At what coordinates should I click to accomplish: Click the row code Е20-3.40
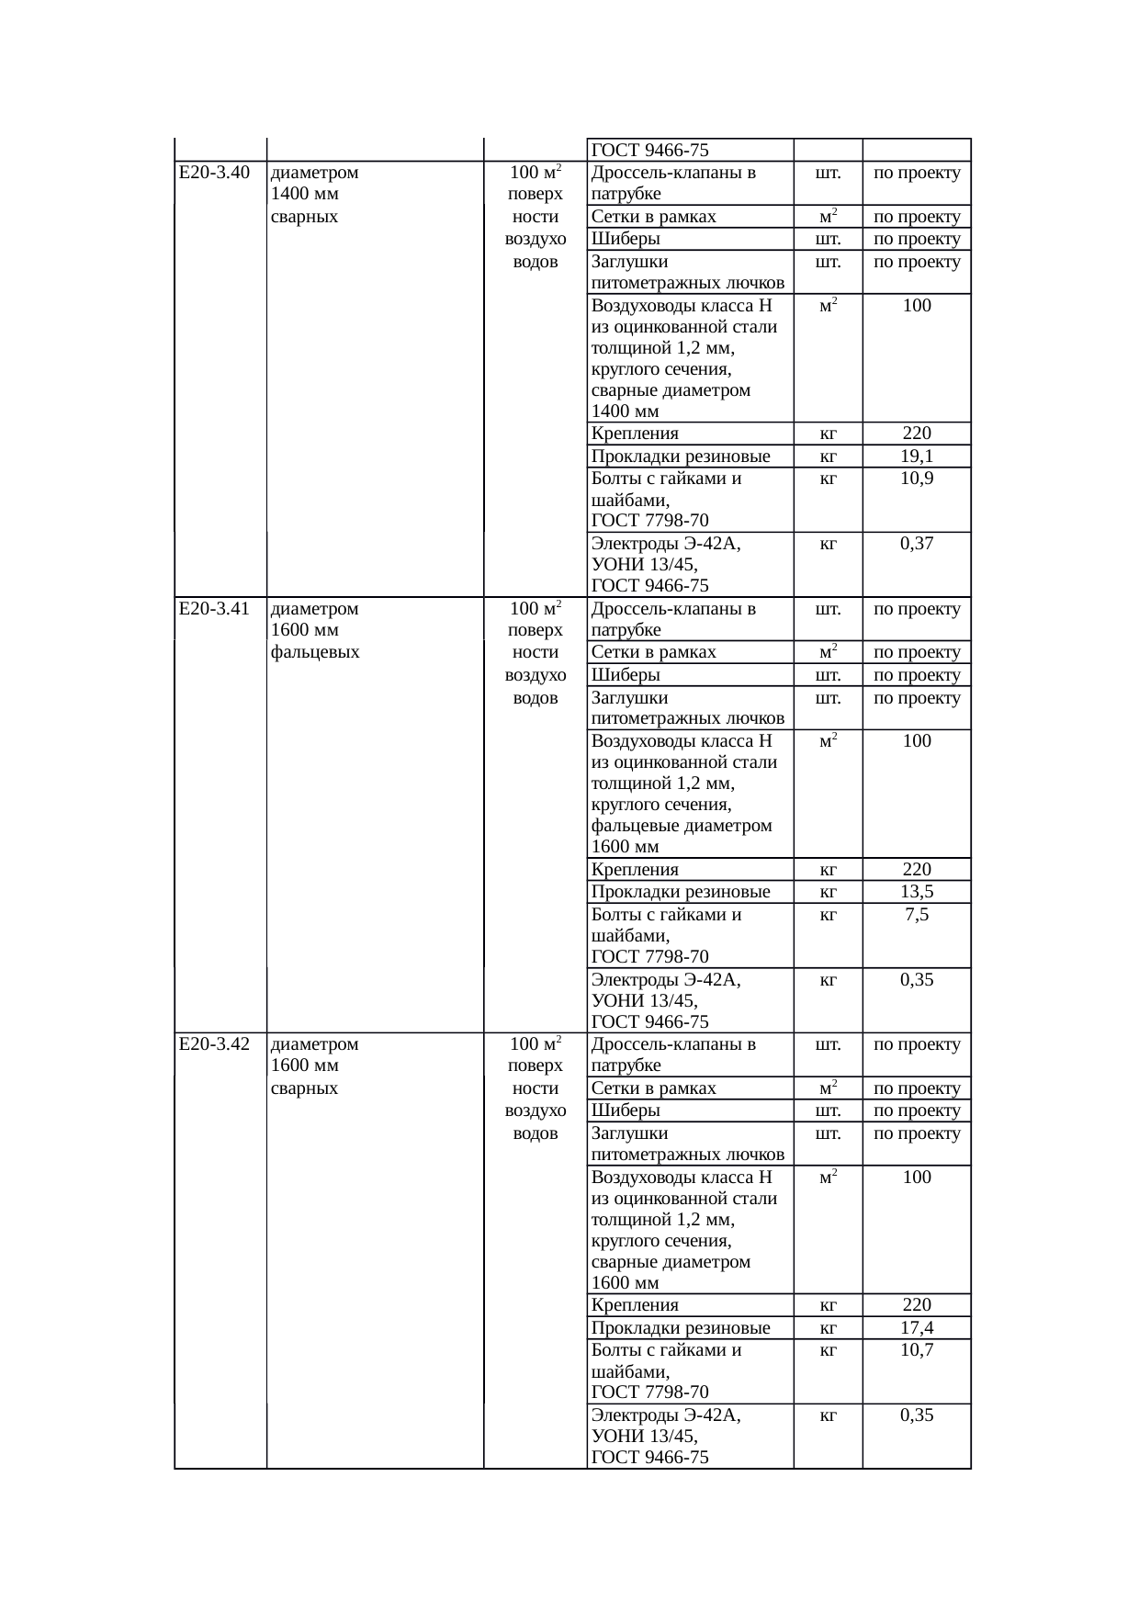pyautogui.click(x=214, y=173)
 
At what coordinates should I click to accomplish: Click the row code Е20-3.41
pyautogui.click(x=214, y=608)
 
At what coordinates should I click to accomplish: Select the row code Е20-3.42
pyautogui.click(x=214, y=1044)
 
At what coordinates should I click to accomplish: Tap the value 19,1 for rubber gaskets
pyautogui.click(x=917, y=457)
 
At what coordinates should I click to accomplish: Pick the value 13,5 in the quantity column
pyautogui.click(x=917, y=892)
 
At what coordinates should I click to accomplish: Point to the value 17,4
pyautogui.click(x=917, y=1328)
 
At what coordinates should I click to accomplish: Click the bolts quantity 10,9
pyautogui.click(x=917, y=479)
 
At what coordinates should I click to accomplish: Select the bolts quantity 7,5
pyautogui.click(x=917, y=915)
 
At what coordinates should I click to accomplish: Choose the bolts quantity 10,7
pyautogui.click(x=917, y=1350)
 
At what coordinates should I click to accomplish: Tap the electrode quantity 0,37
pyautogui.click(x=917, y=544)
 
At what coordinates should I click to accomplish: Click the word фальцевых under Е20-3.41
pyautogui.click(x=315, y=653)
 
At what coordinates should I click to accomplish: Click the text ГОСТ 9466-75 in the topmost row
pyautogui.click(x=649, y=151)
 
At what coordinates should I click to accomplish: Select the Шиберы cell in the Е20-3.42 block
pyautogui.click(x=626, y=1111)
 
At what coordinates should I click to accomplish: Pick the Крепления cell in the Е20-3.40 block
pyautogui.click(x=635, y=434)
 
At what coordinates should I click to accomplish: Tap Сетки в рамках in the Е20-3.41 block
pyautogui.click(x=653, y=653)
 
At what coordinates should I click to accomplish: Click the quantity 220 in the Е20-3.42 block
pyautogui.click(x=917, y=1305)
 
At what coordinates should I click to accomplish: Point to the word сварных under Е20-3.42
pyautogui.click(x=305, y=1088)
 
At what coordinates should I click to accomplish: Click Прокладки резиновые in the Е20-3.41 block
pyautogui.click(x=681, y=892)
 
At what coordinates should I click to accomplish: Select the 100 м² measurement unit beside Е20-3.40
pyautogui.click(x=536, y=173)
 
